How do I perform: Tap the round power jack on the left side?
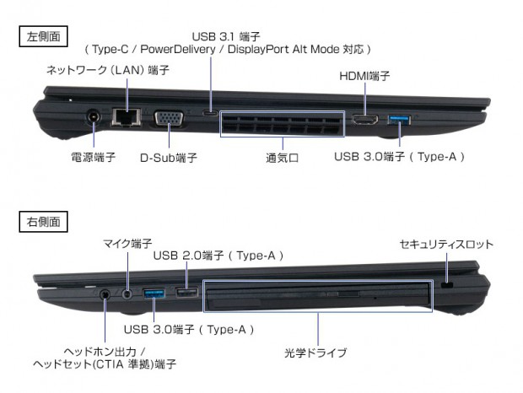94,120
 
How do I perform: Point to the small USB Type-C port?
208,112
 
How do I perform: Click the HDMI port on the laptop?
364,120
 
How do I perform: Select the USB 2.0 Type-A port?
185,293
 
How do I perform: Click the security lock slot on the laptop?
446,288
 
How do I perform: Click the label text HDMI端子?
364,76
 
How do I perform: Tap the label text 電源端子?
93,158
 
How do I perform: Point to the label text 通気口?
283,158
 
